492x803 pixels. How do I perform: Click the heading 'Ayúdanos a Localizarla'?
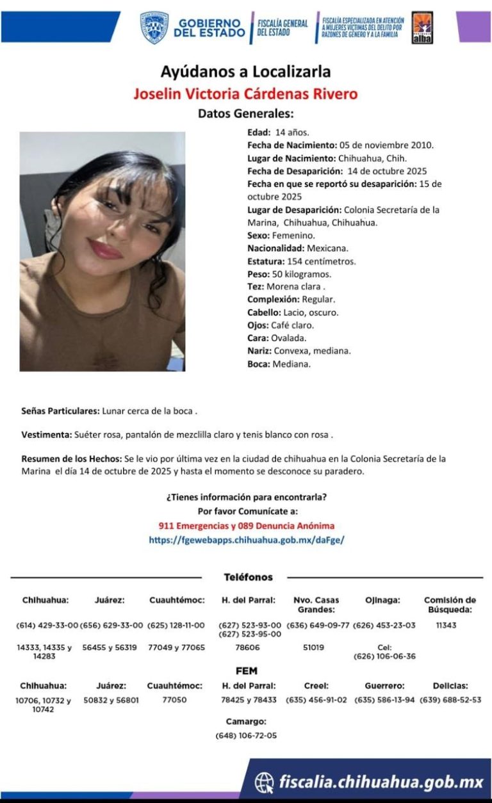245,71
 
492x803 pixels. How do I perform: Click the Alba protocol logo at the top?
422,28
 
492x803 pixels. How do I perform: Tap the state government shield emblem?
154,28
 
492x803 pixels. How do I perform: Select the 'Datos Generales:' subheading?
245,114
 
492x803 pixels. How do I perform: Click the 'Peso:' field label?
258,274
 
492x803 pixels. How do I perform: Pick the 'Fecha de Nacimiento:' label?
283,145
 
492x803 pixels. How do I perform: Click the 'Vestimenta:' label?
47,435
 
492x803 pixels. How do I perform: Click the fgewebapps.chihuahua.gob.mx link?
247,540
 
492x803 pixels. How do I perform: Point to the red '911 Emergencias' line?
247,526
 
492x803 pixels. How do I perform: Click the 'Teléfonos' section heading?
248,577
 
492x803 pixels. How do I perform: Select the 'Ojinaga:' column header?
382,600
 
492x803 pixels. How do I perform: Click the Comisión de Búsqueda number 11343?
446,625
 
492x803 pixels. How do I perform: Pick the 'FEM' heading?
247,671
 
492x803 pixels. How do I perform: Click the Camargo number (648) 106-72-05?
247,735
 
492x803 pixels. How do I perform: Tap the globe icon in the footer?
265,782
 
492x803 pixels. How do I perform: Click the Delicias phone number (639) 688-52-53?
450,700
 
